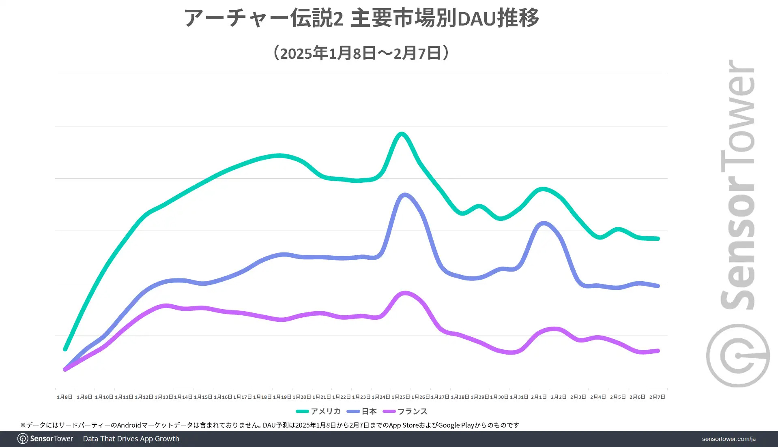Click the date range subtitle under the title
coord(361,53)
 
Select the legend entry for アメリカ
coord(319,411)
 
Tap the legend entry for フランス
coord(406,411)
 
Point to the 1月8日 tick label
coord(64,397)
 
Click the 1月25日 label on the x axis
coord(401,397)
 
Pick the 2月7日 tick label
coord(657,397)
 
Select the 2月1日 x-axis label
coord(539,397)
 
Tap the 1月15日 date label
coord(203,397)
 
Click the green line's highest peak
coord(401,134)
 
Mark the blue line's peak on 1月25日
coord(404,195)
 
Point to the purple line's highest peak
coord(405,293)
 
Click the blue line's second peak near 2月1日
coord(544,223)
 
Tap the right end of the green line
coord(658,239)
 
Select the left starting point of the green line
coord(65,349)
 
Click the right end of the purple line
coord(658,351)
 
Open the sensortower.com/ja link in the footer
coord(729,439)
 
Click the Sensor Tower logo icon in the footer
coord(23,439)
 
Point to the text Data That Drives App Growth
coord(131,439)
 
